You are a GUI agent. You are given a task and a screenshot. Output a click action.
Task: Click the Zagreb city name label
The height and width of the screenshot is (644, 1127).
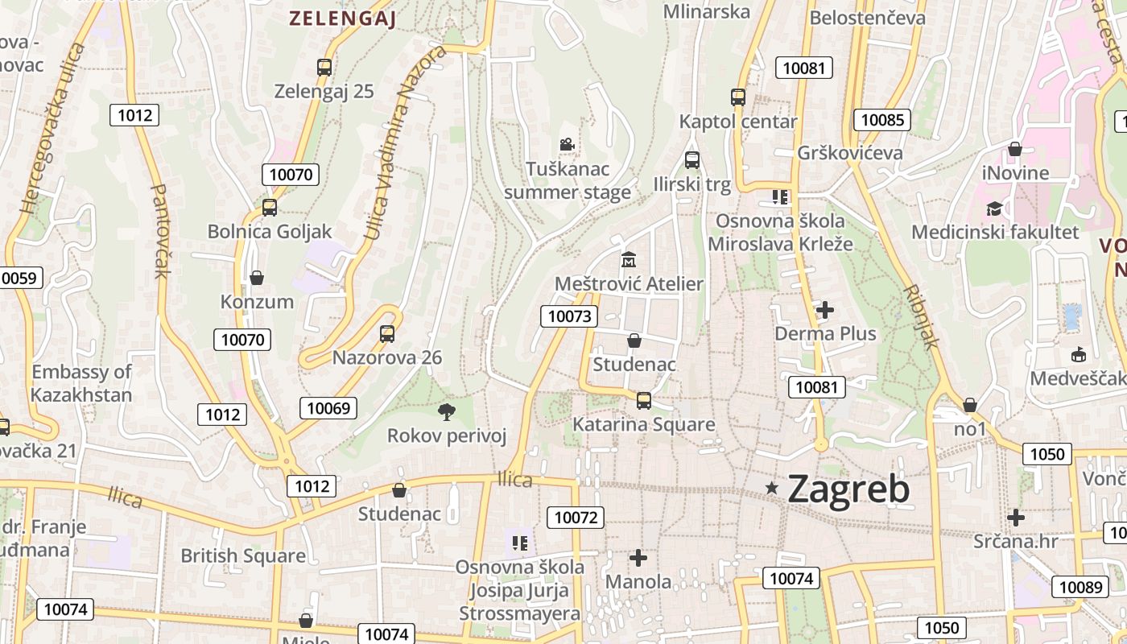[848, 489]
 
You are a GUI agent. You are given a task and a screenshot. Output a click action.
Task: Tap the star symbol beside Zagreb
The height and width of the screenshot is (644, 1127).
[772, 488]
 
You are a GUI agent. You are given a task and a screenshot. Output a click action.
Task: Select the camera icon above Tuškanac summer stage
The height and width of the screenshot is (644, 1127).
[567, 145]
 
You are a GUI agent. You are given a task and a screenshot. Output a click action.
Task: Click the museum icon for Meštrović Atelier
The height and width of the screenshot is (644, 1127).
[628, 260]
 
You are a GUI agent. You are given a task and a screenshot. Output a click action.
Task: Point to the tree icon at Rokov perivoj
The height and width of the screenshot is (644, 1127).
[446, 412]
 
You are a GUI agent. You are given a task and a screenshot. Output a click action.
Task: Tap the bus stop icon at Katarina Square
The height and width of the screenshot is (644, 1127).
[643, 400]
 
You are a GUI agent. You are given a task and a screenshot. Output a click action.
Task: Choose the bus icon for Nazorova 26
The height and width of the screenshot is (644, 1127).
[387, 333]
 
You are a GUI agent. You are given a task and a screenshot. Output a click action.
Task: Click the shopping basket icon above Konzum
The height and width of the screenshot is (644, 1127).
[257, 278]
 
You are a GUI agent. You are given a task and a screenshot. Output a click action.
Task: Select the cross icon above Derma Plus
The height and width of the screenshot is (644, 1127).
[824, 309]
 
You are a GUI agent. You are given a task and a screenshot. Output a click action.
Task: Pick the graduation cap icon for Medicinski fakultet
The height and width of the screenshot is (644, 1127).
[994, 208]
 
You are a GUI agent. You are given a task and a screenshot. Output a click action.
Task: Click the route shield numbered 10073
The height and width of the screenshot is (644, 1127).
[569, 316]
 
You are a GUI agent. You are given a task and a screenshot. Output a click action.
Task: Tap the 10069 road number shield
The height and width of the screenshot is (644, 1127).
[328, 408]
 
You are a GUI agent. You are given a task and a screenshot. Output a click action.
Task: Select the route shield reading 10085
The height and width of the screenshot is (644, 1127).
[882, 121]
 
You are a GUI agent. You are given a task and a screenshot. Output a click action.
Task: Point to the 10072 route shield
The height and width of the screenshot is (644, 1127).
[576, 518]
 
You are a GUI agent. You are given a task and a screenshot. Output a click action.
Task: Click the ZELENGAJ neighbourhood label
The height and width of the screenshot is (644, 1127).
[342, 19]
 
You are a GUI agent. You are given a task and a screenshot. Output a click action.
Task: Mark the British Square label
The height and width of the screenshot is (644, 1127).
[242, 555]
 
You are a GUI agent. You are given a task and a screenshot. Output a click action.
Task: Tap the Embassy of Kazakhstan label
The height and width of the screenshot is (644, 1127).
[81, 383]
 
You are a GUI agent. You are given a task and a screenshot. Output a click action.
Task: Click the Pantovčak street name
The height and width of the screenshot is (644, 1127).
[161, 231]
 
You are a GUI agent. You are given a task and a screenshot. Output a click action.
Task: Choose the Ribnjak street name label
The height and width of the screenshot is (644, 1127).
[922, 316]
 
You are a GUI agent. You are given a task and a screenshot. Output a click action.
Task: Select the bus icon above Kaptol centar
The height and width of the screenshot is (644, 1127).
[738, 97]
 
